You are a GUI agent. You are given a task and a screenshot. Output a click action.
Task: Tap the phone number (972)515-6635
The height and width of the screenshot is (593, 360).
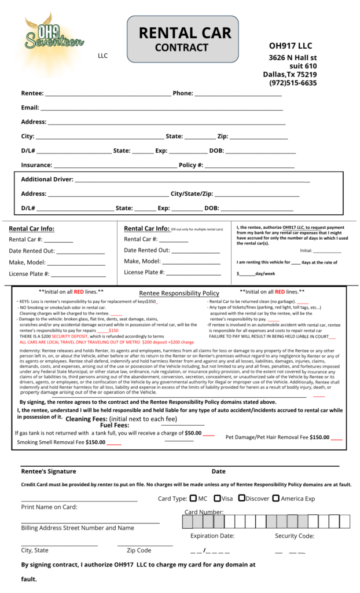(293, 83)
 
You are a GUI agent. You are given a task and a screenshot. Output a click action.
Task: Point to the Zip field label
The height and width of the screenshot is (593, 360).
(222, 137)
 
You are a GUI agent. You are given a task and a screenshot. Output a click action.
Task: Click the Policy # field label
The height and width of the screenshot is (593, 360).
(190, 166)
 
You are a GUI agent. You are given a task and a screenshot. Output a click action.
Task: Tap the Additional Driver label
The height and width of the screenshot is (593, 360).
(47, 180)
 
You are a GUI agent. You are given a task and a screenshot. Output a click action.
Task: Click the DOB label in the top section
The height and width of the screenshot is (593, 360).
(216, 151)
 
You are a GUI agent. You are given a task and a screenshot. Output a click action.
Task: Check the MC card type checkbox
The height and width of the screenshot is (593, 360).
(193, 498)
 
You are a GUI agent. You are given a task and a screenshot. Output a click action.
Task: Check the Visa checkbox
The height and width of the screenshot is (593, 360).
(217, 498)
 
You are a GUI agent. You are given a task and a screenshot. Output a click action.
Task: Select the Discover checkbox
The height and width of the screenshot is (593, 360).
(241, 498)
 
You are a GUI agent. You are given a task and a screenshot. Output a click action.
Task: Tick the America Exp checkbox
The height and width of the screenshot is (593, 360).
(276, 498)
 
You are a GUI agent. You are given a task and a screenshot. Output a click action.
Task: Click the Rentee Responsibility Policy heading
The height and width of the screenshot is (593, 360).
(179, 294)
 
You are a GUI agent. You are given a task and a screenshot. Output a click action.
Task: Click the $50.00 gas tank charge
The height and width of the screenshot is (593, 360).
(193, 433)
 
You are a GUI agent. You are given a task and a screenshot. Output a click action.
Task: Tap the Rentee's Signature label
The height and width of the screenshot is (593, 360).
(49, 471)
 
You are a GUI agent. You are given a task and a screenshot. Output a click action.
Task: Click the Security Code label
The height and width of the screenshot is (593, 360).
(294, 536)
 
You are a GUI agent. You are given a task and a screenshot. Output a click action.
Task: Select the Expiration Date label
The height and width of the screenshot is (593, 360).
(212, 536)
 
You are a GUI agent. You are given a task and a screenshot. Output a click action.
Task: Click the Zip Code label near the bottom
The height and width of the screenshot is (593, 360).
(139, 551)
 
